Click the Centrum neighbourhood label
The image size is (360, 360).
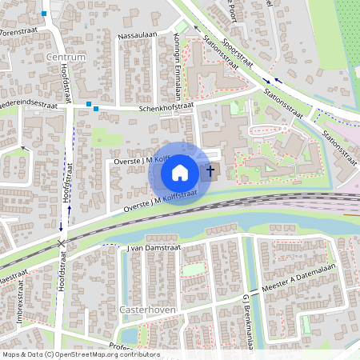pos(66,58)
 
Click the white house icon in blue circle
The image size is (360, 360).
pos(180,172)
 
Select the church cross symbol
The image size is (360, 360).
pos(212,170)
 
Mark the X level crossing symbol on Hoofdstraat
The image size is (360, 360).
pos(62,243)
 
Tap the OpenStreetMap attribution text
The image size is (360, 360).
pos(81,354)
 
